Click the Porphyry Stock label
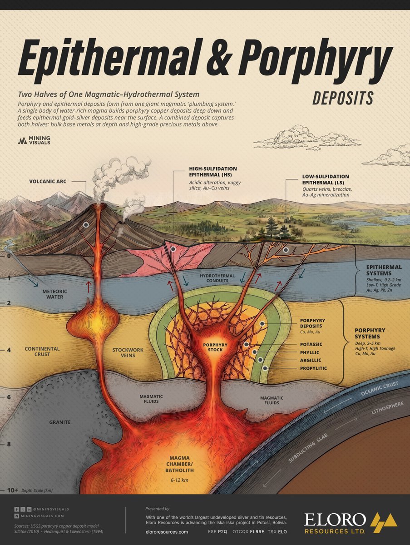point(215,347)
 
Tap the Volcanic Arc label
point(48,181)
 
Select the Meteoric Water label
point(54,294)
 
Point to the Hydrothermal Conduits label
point(217,278)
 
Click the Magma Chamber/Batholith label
point(179,464)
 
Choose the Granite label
point(60,422)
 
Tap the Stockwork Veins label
point(128,352)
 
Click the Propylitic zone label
point(313,368)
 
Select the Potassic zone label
point(311,344)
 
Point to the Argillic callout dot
point(260,360)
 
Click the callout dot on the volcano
point(86,225)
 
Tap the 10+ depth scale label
point(12,490)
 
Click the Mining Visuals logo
point(34,140)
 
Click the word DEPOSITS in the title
point(343,98)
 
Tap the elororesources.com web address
point(167,532)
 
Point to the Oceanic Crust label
point(380,388)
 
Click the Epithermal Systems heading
point(384,270)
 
